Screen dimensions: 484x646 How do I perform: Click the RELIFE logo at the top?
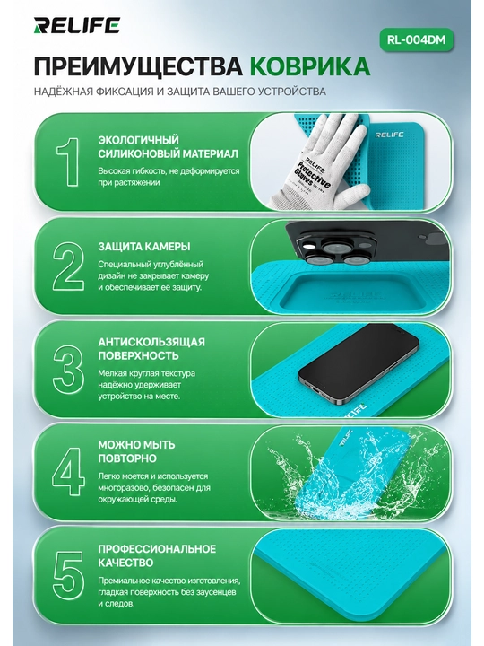76,25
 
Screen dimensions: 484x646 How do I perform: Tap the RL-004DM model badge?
416,40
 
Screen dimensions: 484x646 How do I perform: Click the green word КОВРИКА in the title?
310,65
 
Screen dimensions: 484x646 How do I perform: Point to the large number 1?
68,161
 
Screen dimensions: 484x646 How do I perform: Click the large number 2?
68,266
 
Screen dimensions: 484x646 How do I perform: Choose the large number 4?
68,471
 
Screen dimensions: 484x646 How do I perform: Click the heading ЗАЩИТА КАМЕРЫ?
144,247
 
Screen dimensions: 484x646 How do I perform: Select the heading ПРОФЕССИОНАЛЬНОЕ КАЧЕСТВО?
157,555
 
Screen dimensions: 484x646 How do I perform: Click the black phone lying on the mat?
358,363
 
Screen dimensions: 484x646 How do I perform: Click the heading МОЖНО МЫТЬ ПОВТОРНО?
136,451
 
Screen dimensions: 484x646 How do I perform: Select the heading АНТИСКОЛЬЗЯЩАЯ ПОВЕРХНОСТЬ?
151,348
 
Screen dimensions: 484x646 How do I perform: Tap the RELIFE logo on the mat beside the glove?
389,135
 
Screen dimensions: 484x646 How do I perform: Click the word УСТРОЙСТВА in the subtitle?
292,91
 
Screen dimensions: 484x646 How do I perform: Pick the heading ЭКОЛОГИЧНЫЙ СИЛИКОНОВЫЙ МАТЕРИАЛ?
168,146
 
